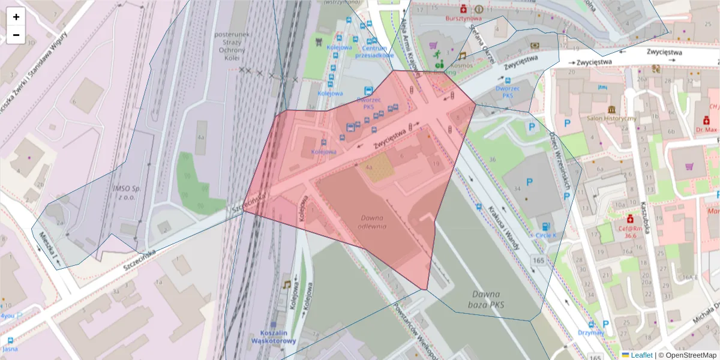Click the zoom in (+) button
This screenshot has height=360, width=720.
[16, 17]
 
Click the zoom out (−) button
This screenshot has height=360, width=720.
[16, 35]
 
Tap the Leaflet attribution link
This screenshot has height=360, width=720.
[641, 355]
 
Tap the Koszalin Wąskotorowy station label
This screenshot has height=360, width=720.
[278, 337]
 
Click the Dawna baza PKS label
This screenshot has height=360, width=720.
[486, 299]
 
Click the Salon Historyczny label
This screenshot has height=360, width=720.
[611, 119]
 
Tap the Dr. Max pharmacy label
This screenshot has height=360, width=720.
[706, 129]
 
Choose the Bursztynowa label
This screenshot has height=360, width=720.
[464, 19]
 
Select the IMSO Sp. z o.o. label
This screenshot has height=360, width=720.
[126, 192]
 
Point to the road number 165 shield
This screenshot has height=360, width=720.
[538, 260]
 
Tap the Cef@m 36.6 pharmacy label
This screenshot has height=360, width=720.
[630, 232]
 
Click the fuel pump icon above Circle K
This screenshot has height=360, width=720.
[545, 226]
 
